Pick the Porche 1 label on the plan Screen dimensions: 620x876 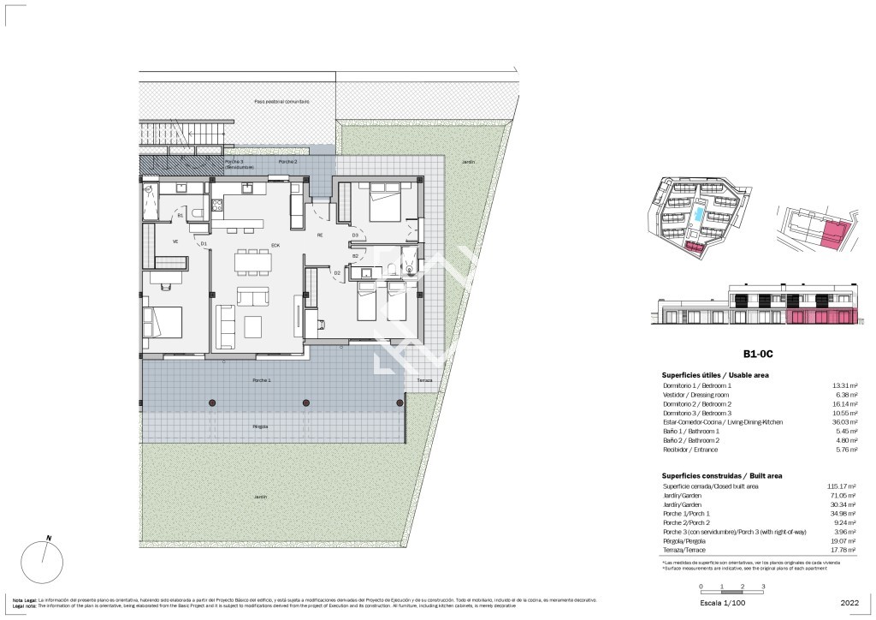click(x=262, y=379)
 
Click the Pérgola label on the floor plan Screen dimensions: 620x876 click(x=260, y=426)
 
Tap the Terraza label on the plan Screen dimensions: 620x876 click(x=424, y=380)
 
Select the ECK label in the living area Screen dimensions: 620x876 click(x=275, y=246)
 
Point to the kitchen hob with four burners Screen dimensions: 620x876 click(x=217, y=205)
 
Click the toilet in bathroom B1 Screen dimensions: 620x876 click(x=197, y=214)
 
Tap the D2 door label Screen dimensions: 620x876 click(x=337, y=272)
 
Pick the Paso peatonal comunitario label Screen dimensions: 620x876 click(x=281, y=101)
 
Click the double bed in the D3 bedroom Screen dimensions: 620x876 click(x=379, y=206)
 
